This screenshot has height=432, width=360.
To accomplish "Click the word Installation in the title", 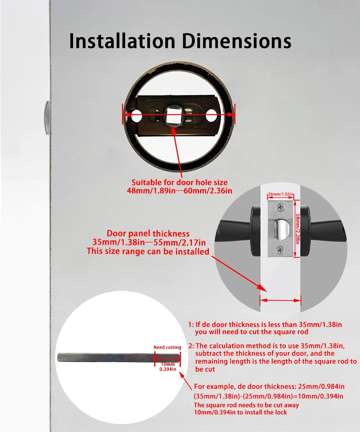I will (122, 41).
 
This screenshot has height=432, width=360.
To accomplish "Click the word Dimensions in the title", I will (235, 41).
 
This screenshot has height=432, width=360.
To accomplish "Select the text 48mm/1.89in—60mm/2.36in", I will (179, 190).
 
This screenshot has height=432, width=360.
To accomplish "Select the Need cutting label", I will (167, 347).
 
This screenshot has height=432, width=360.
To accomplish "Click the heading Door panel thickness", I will (148, 234).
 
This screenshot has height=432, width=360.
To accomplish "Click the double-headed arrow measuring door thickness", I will (280, 300).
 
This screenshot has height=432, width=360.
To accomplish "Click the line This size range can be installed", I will (148, 251).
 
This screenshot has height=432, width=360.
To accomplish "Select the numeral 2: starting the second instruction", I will (191, 346).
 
